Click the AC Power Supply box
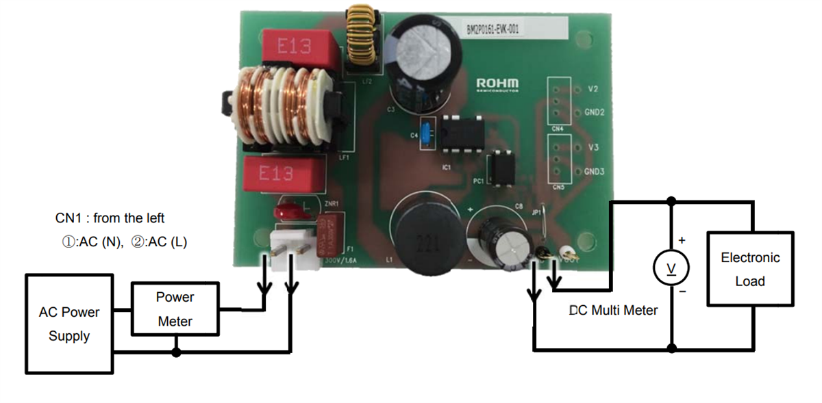coord(69,324)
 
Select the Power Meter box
coord(175,309)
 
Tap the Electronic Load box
coord(750,269)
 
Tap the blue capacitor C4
coord(427,133)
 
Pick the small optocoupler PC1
coord(500,169)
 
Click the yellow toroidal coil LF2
coord(362,40)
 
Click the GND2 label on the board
coord(594,112)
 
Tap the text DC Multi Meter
coord(614,311)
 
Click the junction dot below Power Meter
coord(176,352)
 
